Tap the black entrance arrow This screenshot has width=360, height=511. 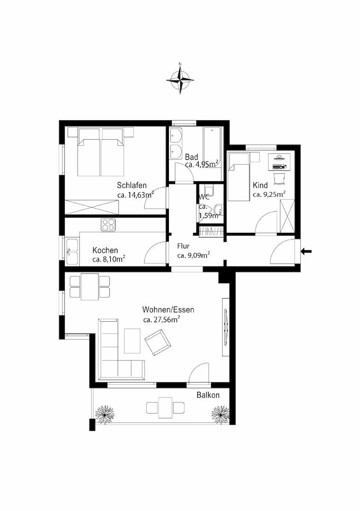(x=306, y=251)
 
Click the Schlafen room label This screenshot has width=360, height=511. (x=132, y=185)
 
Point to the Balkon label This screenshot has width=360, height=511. (x=208, y=395)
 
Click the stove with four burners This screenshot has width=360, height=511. (x=108, y=225)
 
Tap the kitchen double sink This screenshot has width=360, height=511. (x=72, y=252)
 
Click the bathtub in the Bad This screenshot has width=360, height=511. (x=212, y=147)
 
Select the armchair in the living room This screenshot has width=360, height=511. (x=158, y=342)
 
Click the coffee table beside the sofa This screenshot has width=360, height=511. (x=132, y=341)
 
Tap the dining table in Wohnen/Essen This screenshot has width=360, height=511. (x=89, y=287)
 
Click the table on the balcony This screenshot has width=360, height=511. (x=166, y=407)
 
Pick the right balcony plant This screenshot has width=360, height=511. (x=220, y=414)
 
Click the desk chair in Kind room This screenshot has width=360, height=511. (x=279, y=178)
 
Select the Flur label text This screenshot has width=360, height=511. (x=184, y=246)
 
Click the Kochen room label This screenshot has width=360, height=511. (x=105, y=250)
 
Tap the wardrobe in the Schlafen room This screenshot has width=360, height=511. (x=92, y=207)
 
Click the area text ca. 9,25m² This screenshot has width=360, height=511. (x=270, y=194)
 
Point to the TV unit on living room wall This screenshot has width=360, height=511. (x=226, y=326)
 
